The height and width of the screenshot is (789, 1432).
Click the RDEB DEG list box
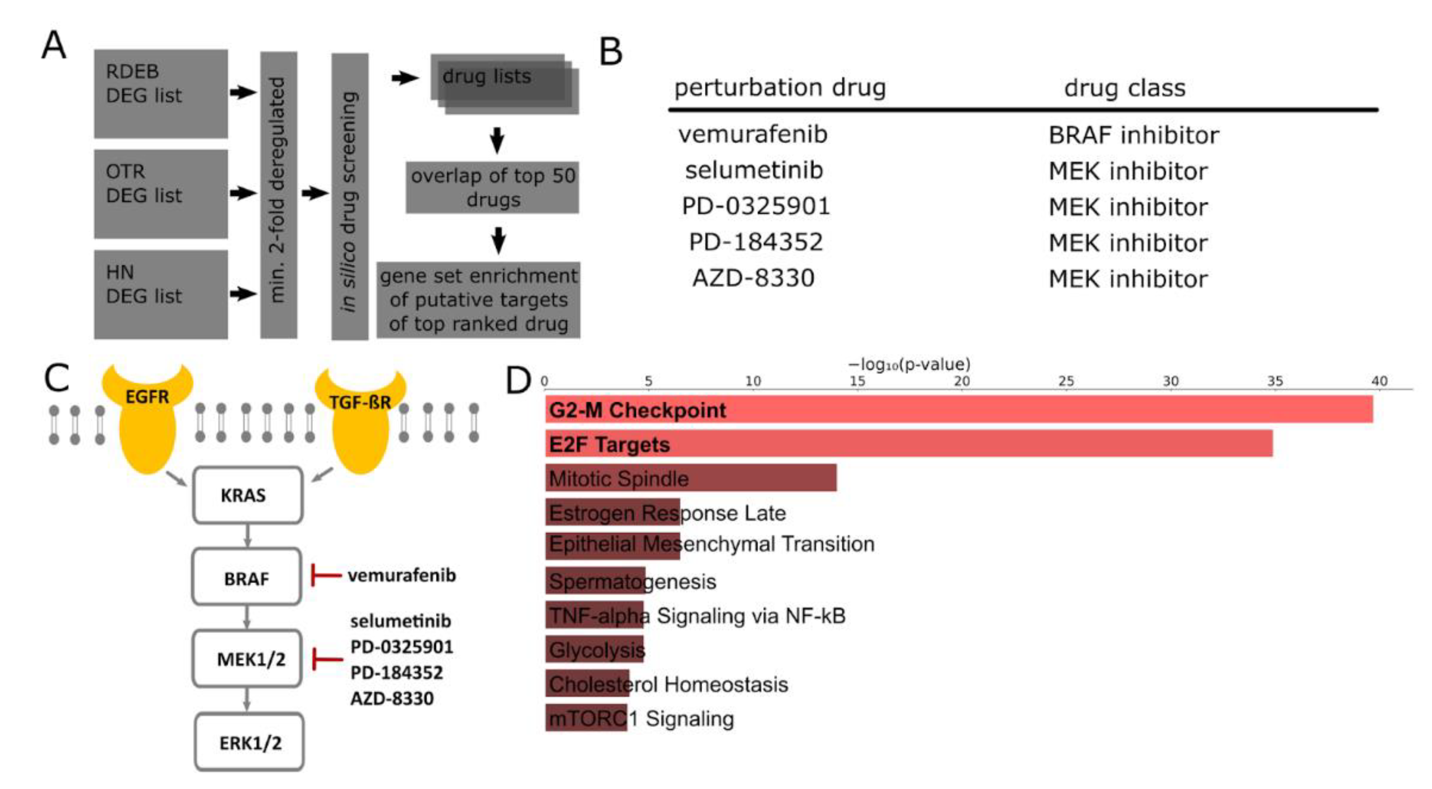[x=161, y=93]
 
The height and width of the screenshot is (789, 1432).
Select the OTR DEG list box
[x=161, y=194]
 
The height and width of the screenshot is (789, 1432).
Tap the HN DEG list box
[x=161, y=294]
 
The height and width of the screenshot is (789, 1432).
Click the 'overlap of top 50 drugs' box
[x=492, y=187]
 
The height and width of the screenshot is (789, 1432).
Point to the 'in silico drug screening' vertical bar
[x=350, y=196]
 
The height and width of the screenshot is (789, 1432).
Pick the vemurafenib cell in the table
[x=753, y=135]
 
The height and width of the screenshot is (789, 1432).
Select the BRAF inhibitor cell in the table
[x=1133, y=135]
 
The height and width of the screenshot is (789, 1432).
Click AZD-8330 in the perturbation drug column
[x=753, y=278]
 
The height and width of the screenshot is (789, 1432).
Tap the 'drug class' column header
[x=1124, y=88]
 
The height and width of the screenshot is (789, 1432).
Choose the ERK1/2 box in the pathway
[x=250, y=742]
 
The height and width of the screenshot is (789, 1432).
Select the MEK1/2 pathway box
[x=247, y=659]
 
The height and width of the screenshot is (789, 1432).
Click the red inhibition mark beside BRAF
[x=325, y=575]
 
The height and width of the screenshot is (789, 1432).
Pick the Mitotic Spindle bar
[x=690, y=478]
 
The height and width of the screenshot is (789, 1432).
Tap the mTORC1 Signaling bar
[x=586, y=718]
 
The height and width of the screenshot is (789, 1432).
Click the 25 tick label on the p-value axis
[x=1066, y=381]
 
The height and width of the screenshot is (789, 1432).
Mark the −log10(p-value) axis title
[x=909, y=364]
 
